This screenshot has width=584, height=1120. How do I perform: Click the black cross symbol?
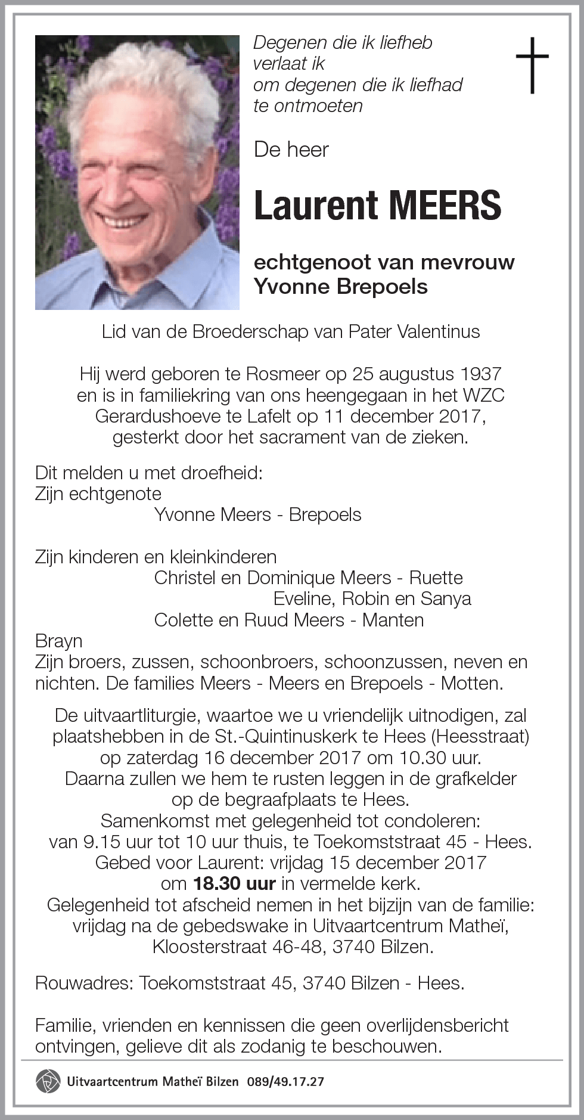pyautogui.click(x=532, y=65)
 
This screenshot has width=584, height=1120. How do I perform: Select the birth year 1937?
pyautogui.click(x=480, y=374)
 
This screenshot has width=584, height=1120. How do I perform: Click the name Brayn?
pyautogui.click(x=59, y=641)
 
